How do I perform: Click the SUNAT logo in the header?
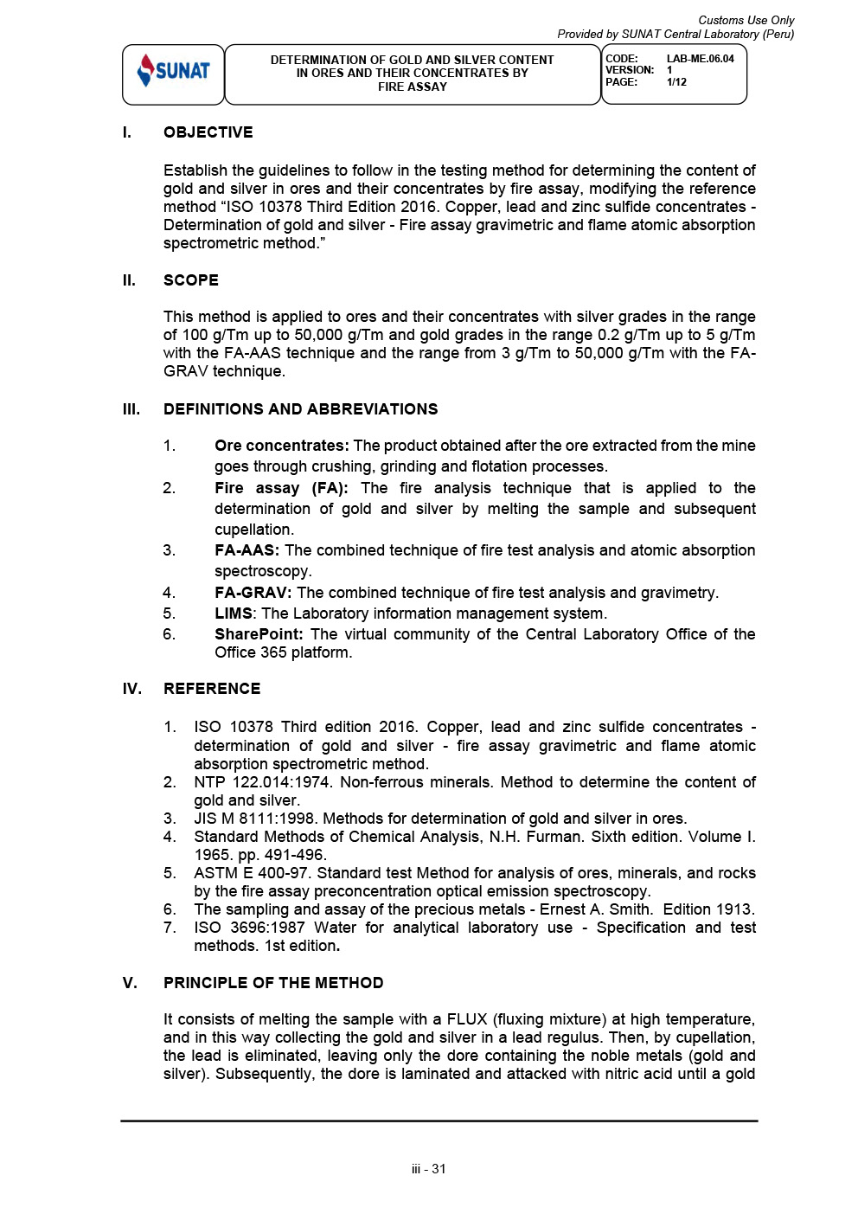tap(174, 71)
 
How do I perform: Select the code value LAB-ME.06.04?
tap(700, 59)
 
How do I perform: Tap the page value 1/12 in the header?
tap(676, 82)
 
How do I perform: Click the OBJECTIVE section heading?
tap(208, 132)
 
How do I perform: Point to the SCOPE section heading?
tap(190, 280)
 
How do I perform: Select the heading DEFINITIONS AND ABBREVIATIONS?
tap(300, 409)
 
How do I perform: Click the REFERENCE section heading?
tap(211, 689)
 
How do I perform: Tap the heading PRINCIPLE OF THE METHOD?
tap(272, 983)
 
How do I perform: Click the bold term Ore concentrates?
tap(281, 446)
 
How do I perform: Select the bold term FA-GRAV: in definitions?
tap(253, 593)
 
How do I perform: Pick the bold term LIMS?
tap(234, 613)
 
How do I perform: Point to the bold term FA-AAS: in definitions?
tap(247, 550)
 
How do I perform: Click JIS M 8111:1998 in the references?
tap(254, 819)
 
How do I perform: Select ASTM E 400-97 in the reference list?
tap(251, 873)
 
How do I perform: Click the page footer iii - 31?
tap(429, 1169)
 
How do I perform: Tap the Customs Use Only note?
tap(746, 20)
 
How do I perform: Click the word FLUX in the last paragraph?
tap(466, 1019)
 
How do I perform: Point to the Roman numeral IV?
tap(131, 689)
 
